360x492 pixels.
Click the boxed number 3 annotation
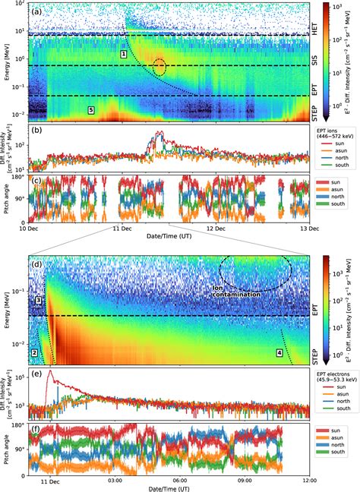tap(37, 301)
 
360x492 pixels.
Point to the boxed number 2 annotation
tap(34, 353)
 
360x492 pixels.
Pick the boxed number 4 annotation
tap(279, 353)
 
